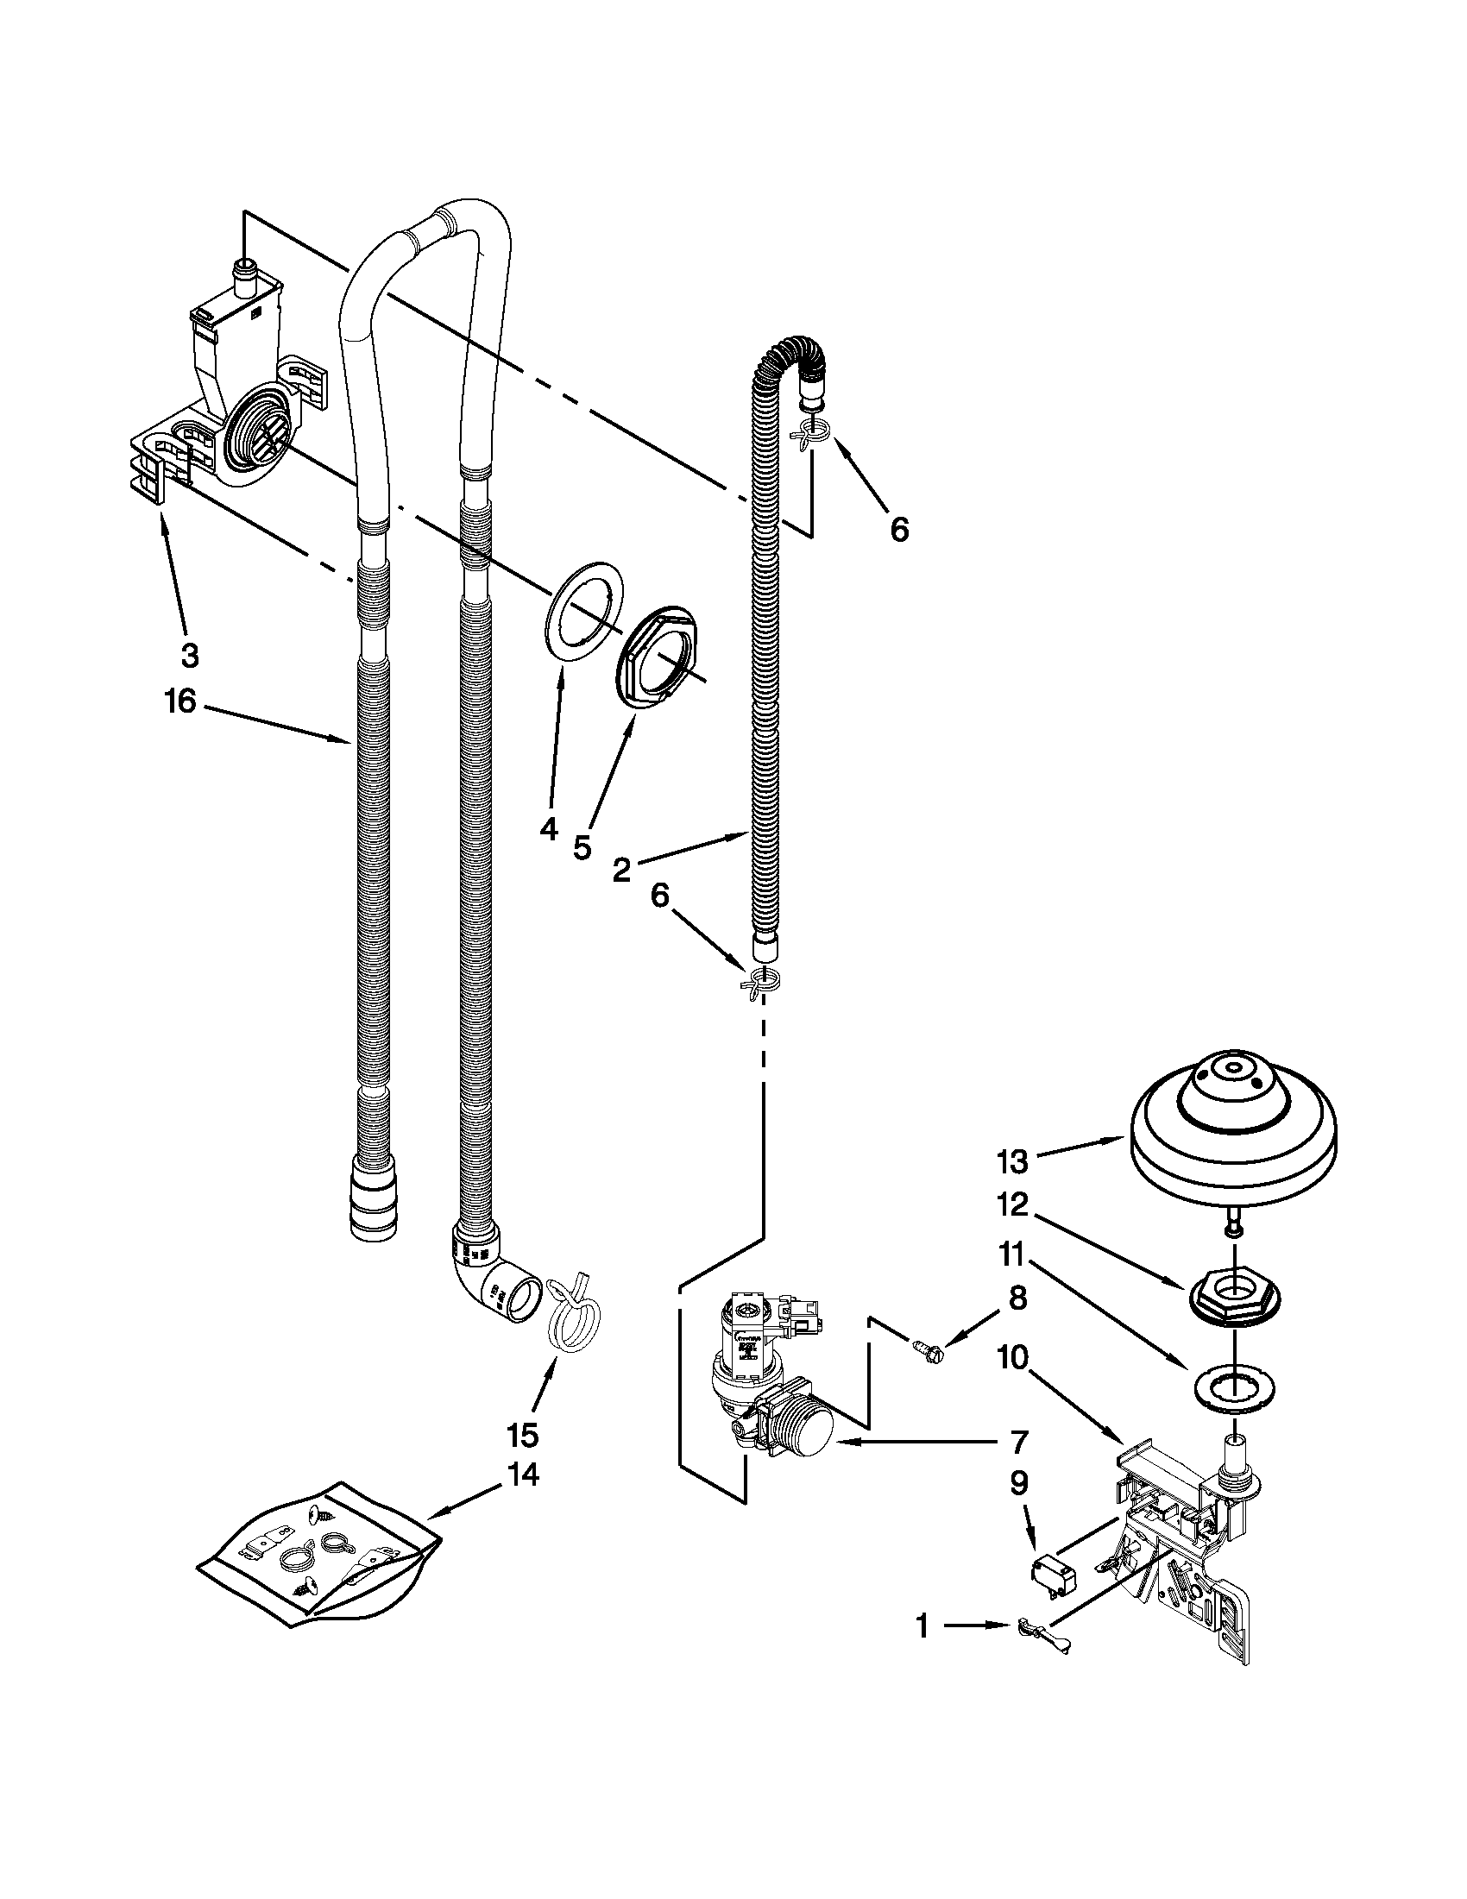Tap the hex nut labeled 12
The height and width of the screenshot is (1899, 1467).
tap(1234, 1301)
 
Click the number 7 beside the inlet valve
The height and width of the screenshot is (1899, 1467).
tap(1019, 1442)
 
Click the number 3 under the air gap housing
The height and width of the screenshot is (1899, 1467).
tap(190, 655)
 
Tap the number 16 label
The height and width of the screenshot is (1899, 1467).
tap(181, 701)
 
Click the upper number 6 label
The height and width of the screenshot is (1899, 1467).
tap(899, 528)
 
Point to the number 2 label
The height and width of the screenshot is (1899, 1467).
tap(621, 870)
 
